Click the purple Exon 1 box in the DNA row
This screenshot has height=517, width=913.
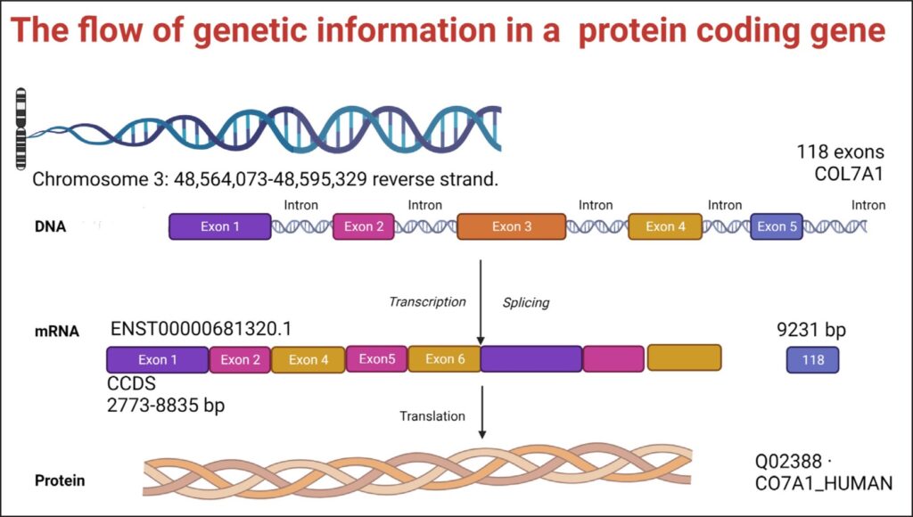click(220, 226)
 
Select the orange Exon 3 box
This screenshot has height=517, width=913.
click(512, 226)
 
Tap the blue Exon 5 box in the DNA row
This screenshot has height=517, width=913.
click(777, 226)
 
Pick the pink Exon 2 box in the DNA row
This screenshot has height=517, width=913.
click(364, 226)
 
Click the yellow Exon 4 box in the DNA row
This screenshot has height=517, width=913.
click(666, 226)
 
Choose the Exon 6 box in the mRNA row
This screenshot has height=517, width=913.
click(444, 358)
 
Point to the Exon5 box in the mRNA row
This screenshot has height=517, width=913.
click(376, 358)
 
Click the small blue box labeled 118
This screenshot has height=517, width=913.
click(812, 360)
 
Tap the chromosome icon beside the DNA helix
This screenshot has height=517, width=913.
click(21, 128)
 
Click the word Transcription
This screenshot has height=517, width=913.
click(427, 301)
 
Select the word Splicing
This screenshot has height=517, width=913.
click(526, 302)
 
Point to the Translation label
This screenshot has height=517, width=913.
click(432, 415)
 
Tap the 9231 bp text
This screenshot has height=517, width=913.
click(811, 331)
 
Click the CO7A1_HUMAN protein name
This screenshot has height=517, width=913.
click(822, 483)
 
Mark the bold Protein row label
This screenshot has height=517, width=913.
click(60, 480)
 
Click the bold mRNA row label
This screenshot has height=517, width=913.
click(58, 332)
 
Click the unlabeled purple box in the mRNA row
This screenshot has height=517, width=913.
click(531, 358)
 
